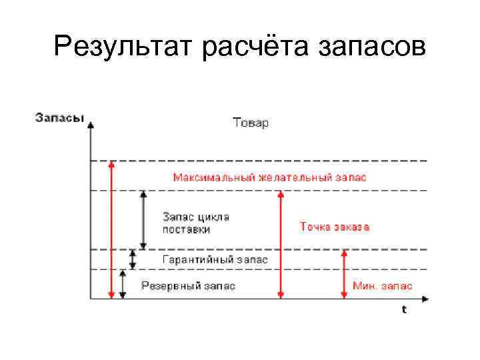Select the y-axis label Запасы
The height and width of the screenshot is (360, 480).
coord(59,119)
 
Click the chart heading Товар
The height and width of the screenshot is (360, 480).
coord(250,123)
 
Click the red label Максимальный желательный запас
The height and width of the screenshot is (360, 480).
coord(269,177)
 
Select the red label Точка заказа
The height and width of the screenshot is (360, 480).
coord(335,227)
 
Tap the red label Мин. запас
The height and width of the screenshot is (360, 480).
coord(382,285)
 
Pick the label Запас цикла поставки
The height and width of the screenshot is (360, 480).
coord(196,223)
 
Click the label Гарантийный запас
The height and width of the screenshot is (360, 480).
coord(215,259)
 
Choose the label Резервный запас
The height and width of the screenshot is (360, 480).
coord(189,285)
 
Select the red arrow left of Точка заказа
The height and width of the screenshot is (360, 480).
coord(281,244)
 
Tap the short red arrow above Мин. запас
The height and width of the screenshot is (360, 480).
coord(344,273)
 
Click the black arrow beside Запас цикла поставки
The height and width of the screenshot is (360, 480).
coord(143,220)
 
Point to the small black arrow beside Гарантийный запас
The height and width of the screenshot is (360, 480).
coord(133,259)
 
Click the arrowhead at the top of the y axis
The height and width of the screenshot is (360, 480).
coord(91,125)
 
